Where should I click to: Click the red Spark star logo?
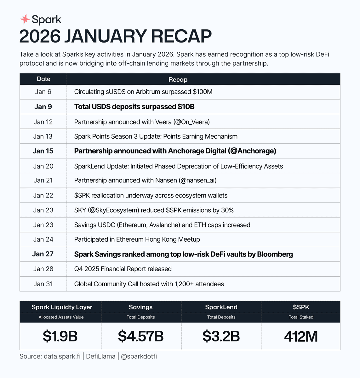[x=25, y=20]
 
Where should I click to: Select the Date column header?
[x=43, y=79]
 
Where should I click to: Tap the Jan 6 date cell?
[x=43, y=92]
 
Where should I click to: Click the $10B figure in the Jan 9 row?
[x=186, y=107]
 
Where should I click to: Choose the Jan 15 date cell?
[x=43, y=151]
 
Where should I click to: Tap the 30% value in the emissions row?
[x=227, y=210]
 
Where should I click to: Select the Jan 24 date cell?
[x=43, y=239]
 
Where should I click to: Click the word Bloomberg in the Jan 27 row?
[x=275, y=254]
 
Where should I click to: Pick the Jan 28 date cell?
[x=43, y=269]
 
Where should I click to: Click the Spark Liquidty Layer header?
[x=62, y=307]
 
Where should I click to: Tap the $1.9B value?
[x=60, y=336]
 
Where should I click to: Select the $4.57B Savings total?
[x=141, y=336]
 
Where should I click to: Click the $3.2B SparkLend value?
[x=221, y=336]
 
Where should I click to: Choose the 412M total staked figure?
[x=301, y=336]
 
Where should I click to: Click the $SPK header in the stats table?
[x=301, y=307]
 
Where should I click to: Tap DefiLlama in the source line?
[x=100, y=357]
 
